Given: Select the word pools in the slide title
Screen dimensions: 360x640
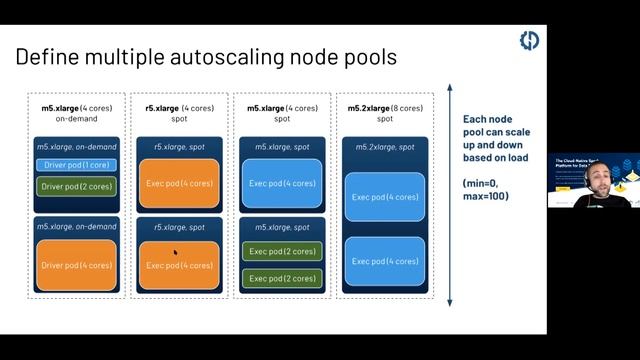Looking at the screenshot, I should pyautogui.click(x=369, y=57).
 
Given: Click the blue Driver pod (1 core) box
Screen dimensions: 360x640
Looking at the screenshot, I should pyautogui.click(x=77, y=165).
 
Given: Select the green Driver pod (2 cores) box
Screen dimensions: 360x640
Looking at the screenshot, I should pyautogui.click(x=77, y=186).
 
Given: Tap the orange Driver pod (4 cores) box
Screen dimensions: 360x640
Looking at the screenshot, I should pyautogui.click(x=77, y=265).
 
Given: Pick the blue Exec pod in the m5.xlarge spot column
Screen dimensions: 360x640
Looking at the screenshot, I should pyautogui.click(x=282, y=183).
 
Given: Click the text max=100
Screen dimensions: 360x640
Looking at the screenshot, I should pyautogui.click(x=486, y=196).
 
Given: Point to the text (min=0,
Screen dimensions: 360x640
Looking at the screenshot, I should pyautogui.click(x=483, y=183).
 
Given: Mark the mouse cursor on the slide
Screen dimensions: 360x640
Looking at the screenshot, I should pyautogui.click(x=175, y=253).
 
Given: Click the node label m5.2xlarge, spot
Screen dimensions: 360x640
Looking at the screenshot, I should pyautogui.click(x=385, y=147).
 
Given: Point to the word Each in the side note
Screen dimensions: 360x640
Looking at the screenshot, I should pyautogui.click(x=477, y=119).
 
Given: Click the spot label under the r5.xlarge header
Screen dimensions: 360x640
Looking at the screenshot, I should pyautogui.click(x=179, y=118).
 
